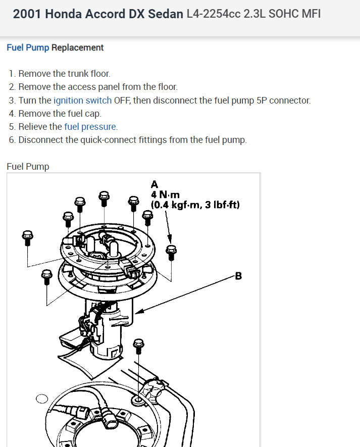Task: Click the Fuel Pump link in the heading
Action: pos(28,47)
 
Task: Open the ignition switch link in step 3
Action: pos(82,100)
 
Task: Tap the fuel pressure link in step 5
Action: pos(90,126)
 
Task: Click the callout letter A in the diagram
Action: pos(155,184)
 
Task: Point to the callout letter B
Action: pos(238,276)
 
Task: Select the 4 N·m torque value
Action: pos(166,194)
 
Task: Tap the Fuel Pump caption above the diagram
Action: pos(28,166)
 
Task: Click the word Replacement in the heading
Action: pos(77,47)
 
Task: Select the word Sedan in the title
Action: pos(166,14)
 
